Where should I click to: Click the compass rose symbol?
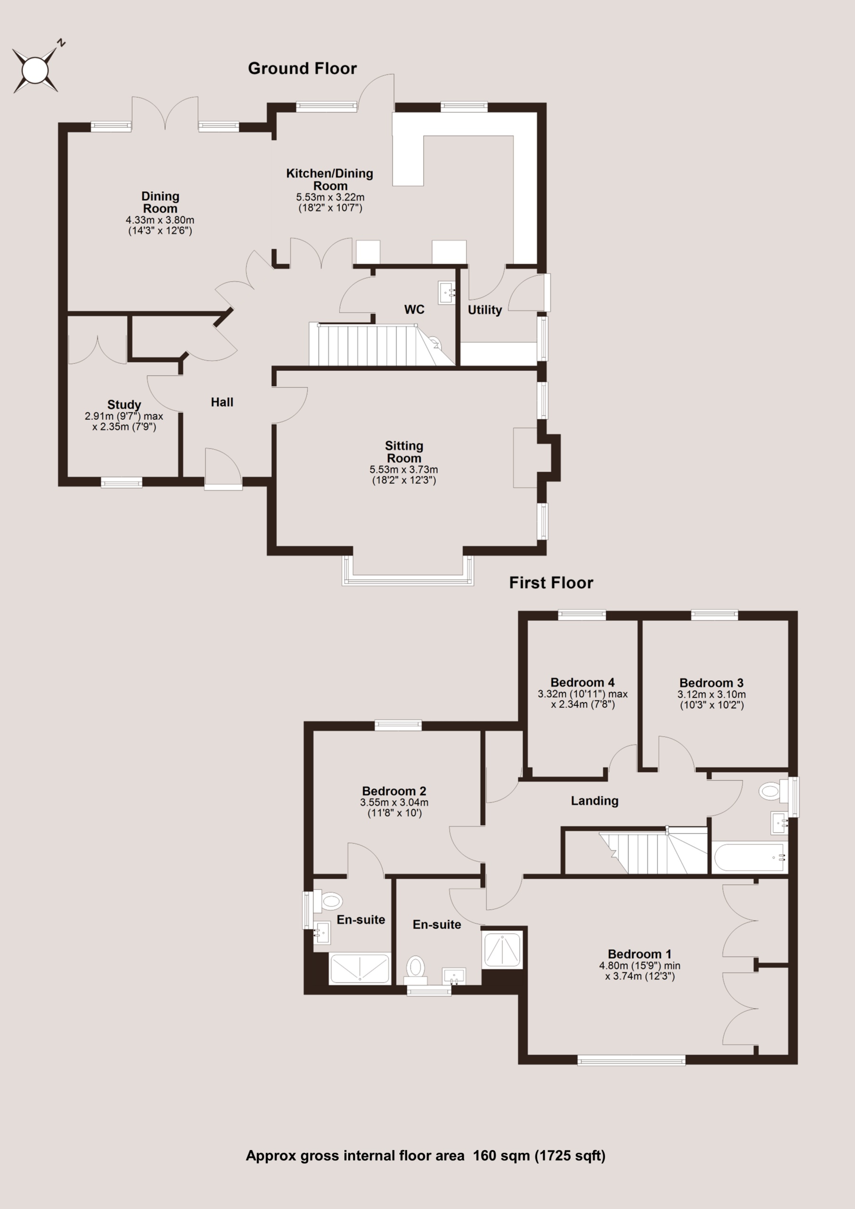[35, 69]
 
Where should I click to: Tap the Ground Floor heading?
[302, 68]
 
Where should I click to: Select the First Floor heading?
[551, 583]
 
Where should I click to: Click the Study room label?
[124, 404]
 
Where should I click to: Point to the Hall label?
[222, 402]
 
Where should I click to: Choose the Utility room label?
[485, 310]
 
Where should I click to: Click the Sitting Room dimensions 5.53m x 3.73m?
[403, 469]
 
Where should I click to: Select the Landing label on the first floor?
[595, 801]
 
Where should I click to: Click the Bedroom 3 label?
[711, 683]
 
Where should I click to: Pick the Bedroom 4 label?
[582, 682]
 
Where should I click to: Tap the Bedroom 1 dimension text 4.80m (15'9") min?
[640, 966]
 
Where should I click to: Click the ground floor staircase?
[380, 345]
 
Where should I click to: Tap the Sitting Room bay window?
[408, 571]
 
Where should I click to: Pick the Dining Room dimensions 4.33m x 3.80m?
[160, 220]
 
